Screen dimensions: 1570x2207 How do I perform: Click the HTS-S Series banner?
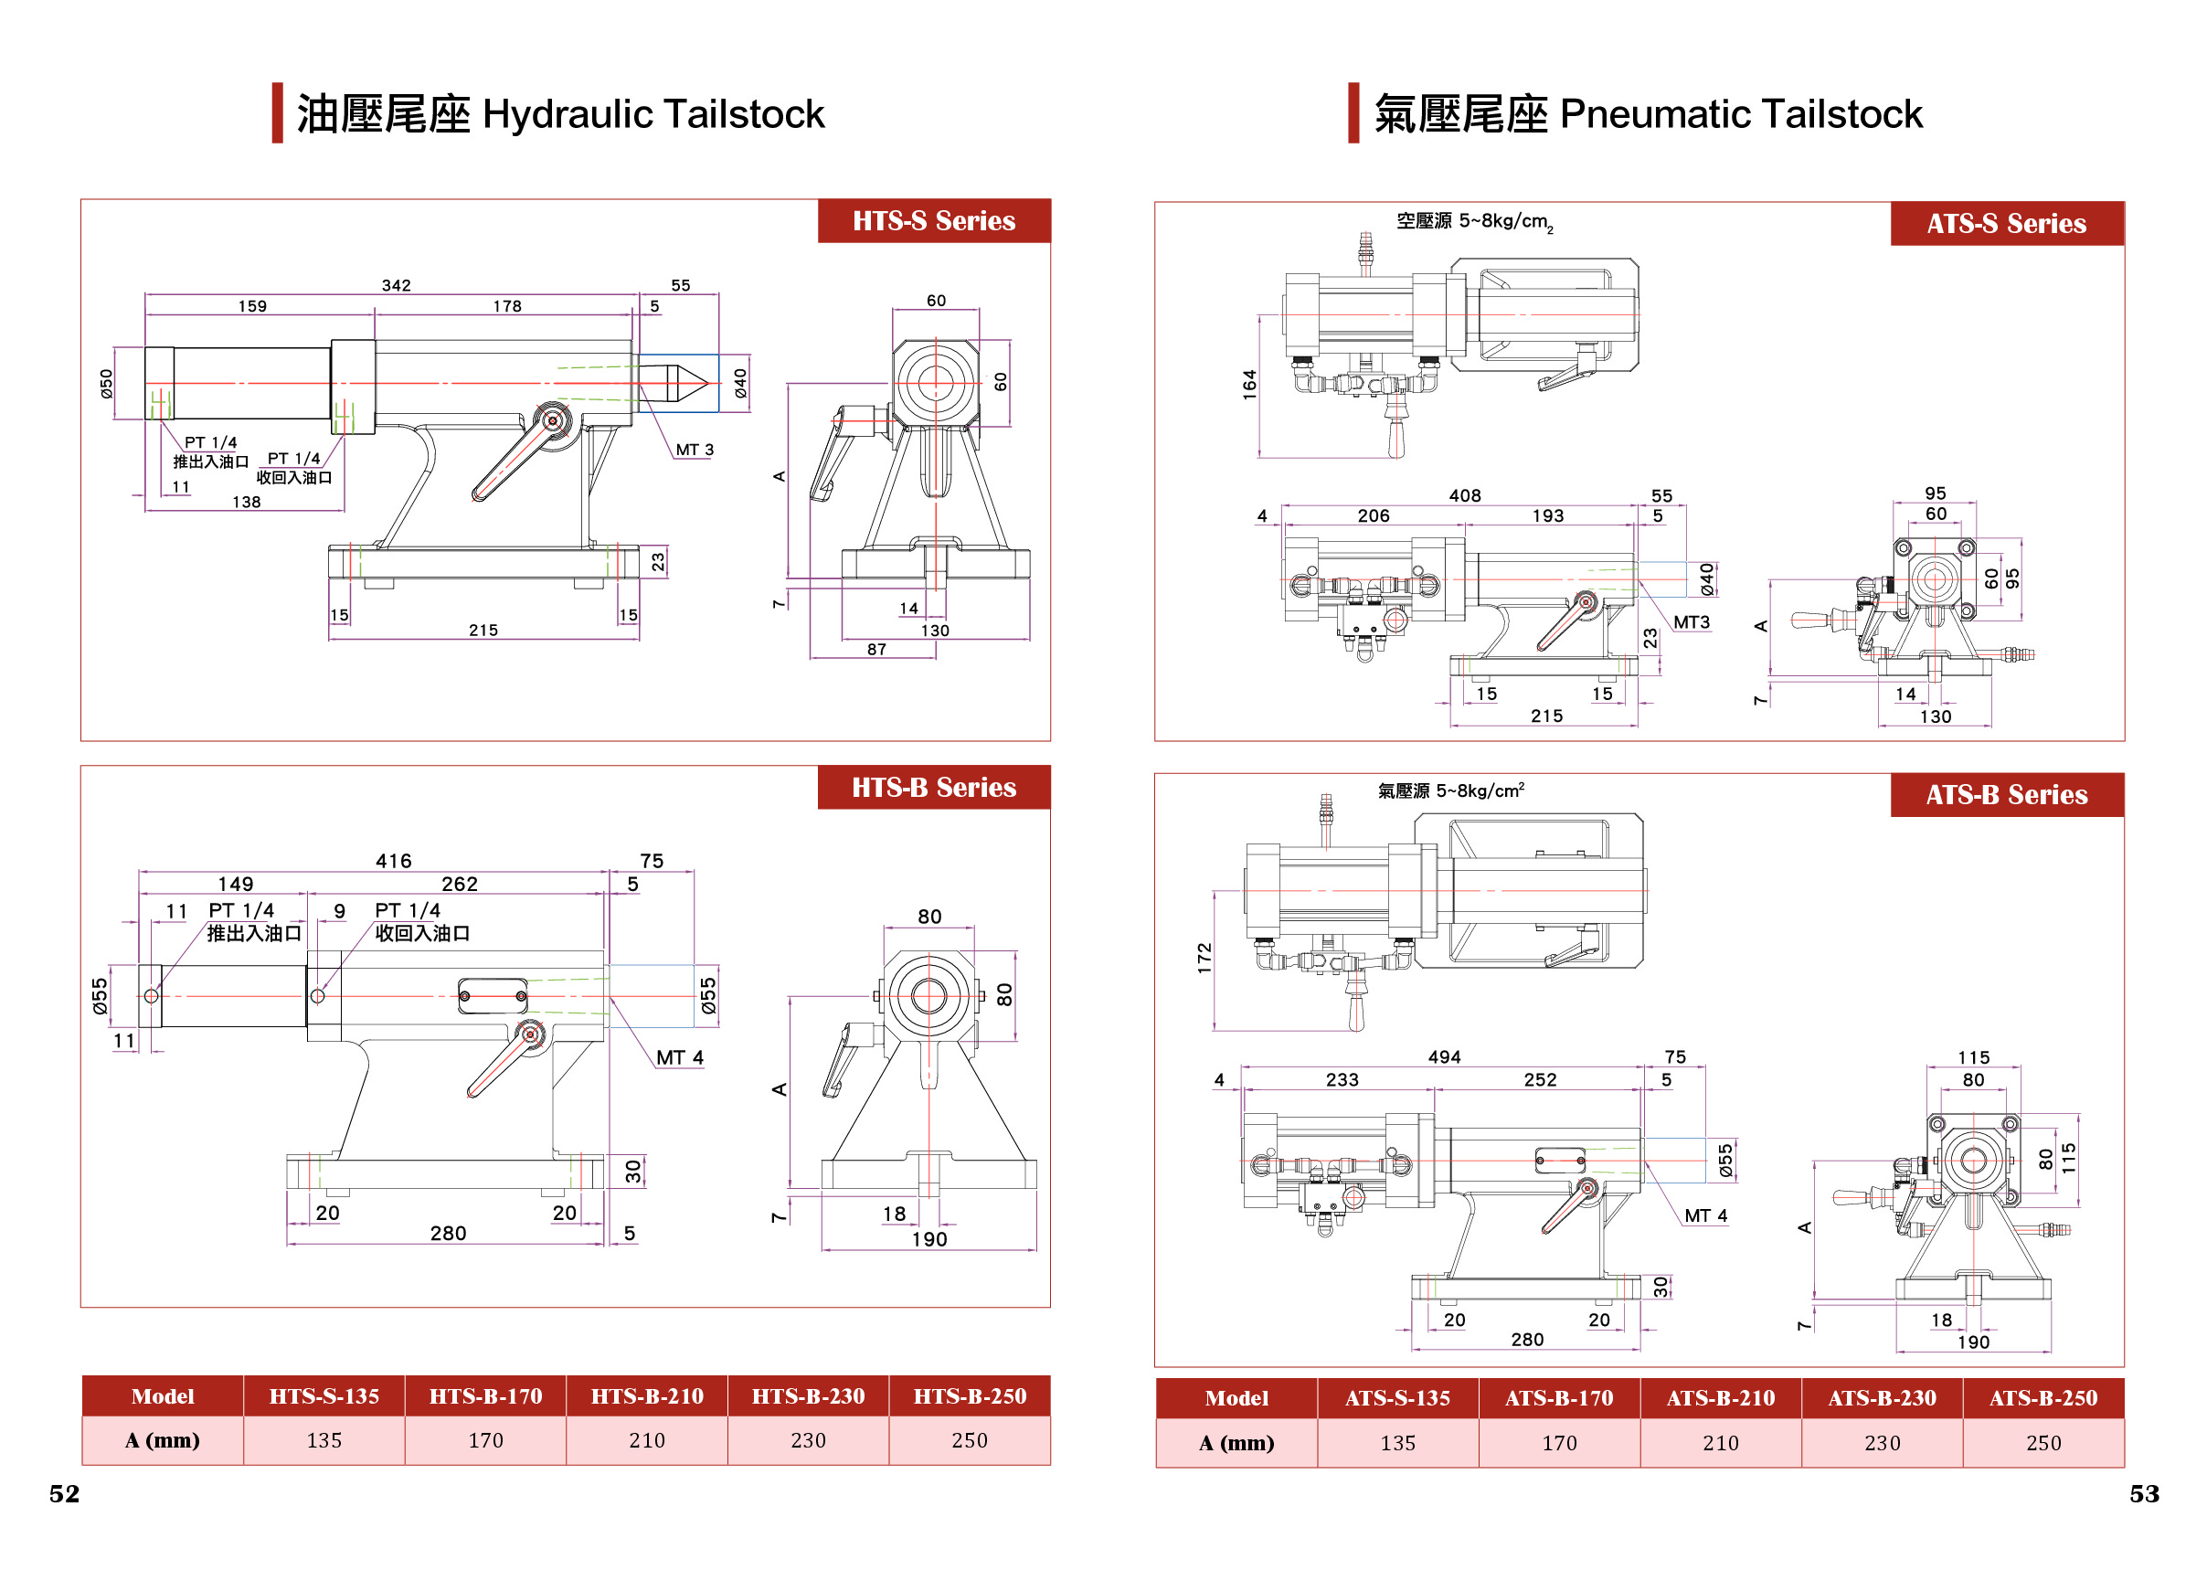[933, 220]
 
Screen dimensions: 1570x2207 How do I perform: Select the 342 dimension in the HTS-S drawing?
[396, 285]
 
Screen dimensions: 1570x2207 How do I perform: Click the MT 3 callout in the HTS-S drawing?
[695, 450]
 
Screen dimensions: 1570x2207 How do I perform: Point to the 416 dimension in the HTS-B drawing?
[394, 861]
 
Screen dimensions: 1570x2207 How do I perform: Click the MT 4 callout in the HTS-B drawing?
[680, 1057]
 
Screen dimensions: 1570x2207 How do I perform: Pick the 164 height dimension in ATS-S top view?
[1249, 384]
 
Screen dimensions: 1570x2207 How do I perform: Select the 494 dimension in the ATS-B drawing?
[1443, 1056]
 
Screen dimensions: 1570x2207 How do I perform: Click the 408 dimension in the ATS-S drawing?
[1464, 495]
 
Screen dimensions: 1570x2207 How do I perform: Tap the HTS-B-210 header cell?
[647, 1396]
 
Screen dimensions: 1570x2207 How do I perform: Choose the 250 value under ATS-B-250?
[2043, 1442]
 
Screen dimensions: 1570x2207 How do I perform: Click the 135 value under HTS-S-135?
[324, 1440]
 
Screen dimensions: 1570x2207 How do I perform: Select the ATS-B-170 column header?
[1558, 1398]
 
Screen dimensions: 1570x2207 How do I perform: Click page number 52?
[64, 1493]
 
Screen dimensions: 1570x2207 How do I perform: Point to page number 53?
[2143, 1493]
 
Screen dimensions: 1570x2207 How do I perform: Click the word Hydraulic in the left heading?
[568, 114]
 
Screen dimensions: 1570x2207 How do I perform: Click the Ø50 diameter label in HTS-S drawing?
[106, 383]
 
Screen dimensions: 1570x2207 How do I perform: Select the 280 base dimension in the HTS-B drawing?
[448, 1233]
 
